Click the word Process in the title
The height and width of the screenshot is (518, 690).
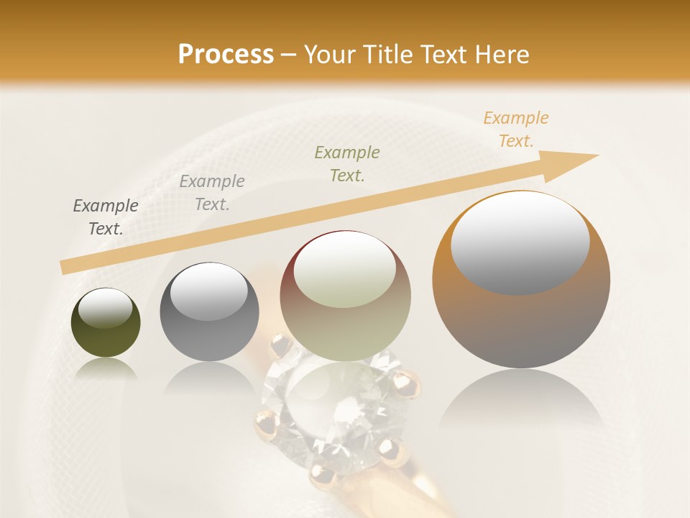pos(226,55)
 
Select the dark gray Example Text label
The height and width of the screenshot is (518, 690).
pos(106,217)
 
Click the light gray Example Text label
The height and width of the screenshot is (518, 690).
pos(212,193)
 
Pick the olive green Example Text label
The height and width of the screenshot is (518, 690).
pos(347,164)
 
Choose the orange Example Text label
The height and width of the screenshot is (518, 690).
pos(516,129)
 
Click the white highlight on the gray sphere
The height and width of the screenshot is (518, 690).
pos(209,291)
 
